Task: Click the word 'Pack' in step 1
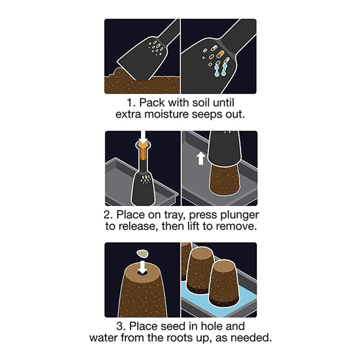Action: pos(152,103)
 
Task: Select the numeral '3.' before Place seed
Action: pos(121,326)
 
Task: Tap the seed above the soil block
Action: pos(142,253)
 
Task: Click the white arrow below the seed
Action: pos(143,267)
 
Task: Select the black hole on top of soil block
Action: pos(143,273)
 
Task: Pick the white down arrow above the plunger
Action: pos(143,137)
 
